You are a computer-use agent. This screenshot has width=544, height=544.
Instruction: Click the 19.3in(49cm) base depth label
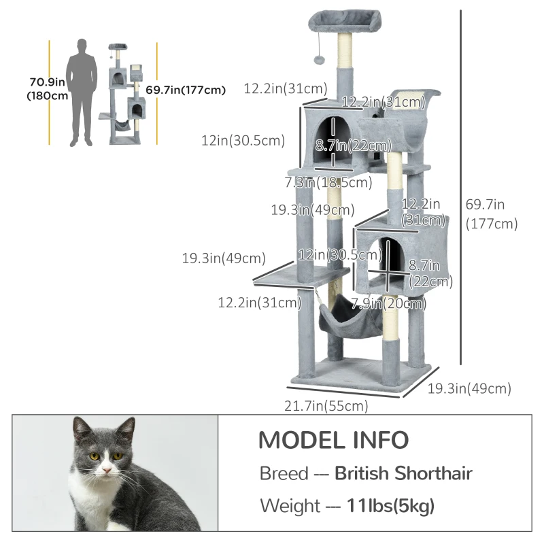click(469, 388)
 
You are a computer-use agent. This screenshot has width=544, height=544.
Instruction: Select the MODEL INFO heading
click(333, 441)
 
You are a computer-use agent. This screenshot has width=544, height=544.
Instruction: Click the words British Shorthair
click(403, 473)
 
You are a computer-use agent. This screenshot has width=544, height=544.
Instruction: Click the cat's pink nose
click(105, 471)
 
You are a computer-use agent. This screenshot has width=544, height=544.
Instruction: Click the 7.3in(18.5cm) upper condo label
click(328, 182)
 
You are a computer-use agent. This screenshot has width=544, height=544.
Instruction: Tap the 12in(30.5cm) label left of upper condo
click(243, 141)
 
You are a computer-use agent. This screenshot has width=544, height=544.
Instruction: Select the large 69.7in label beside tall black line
click(491, 213)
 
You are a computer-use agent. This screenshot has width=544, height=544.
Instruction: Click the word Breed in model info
click(284, 473)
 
